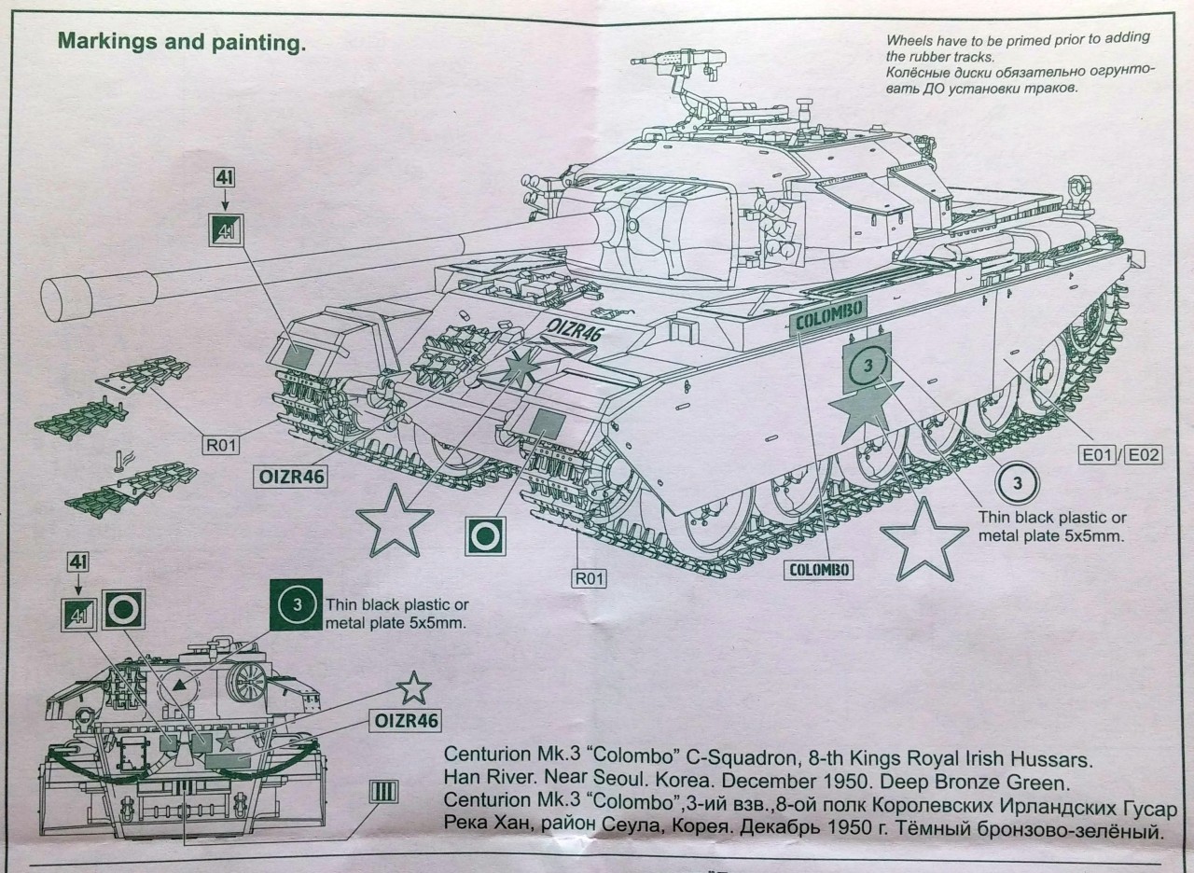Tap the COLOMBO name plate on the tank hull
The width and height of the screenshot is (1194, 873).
point(828,315)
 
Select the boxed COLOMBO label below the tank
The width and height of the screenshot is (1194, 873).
point(817,568)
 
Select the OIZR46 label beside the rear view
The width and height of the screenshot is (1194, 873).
point(405,720)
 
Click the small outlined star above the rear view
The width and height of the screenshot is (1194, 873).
point(413,687)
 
